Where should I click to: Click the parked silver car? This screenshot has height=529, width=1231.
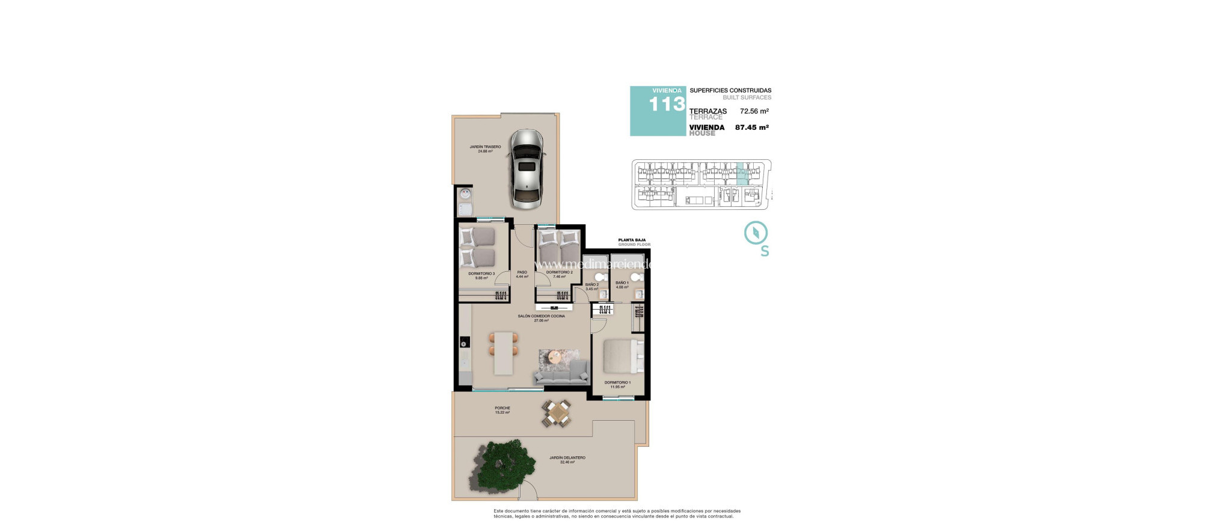coord(527,169)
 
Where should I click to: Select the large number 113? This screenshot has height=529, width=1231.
coord(667,105)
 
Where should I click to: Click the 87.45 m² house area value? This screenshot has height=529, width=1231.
coord(751,127)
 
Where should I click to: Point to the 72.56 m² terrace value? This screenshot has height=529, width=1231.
coord(754,111)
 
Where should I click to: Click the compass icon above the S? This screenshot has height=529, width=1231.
coord(756,233)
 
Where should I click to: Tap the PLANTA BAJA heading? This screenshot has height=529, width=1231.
coord(632,240)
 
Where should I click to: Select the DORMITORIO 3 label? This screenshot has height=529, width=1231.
coord(481,274)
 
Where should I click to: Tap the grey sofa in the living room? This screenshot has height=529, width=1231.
coord(561,375)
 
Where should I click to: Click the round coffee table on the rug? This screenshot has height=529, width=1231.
coord(555,356)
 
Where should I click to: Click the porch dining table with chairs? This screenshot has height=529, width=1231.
coord(557,414)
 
